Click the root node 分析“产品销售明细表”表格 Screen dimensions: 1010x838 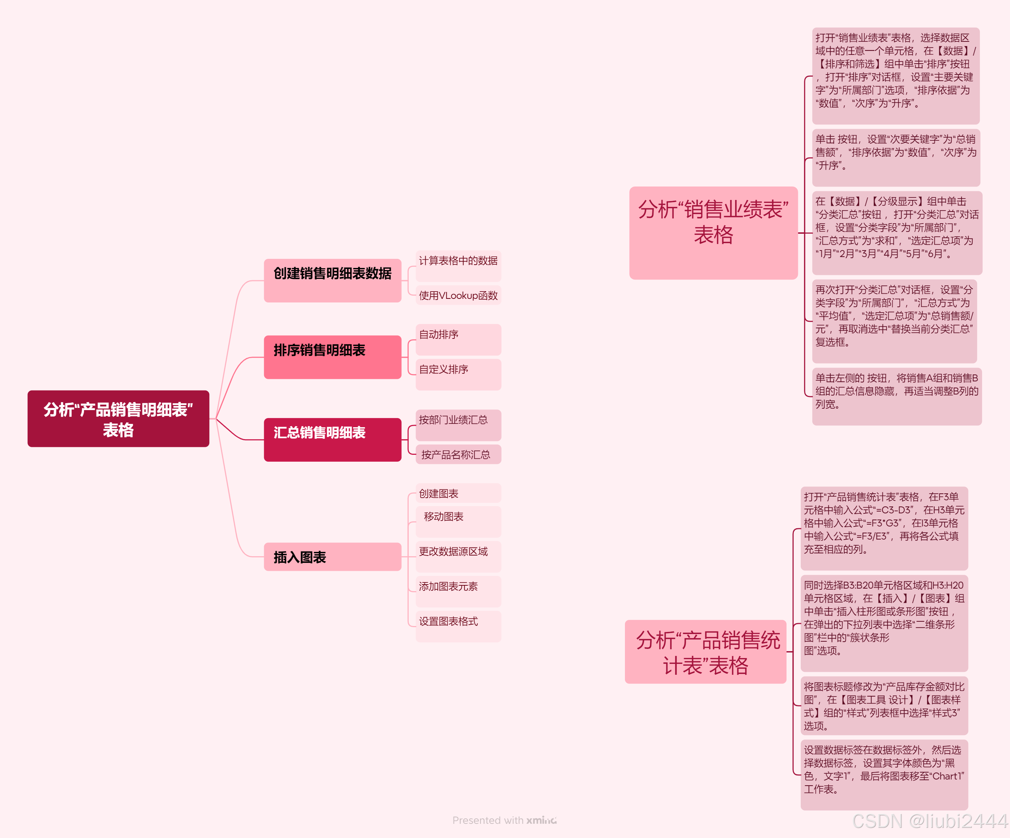coord(118,418)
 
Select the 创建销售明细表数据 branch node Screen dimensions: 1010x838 coord(332,280)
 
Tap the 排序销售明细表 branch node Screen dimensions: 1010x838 coord(332,357)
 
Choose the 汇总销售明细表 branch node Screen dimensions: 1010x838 coord(332,439)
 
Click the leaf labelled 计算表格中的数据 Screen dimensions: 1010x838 coord(458,266)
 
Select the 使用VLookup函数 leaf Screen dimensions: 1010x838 coord(458,295)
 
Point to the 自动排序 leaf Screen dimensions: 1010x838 coord(458,339)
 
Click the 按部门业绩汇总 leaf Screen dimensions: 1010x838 coord(458,425)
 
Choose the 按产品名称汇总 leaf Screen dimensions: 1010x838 coord(458,454)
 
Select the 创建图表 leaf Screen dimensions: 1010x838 coord(458,493)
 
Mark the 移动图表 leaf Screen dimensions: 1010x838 coord(458,521)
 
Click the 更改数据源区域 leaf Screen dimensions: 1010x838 coord(458,556)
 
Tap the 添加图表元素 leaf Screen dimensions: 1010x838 coord(458,591)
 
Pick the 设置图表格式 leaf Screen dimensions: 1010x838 coord(458,626)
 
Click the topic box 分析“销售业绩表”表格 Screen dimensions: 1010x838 coord(713,233)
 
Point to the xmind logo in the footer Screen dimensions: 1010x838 coord(541,820)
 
